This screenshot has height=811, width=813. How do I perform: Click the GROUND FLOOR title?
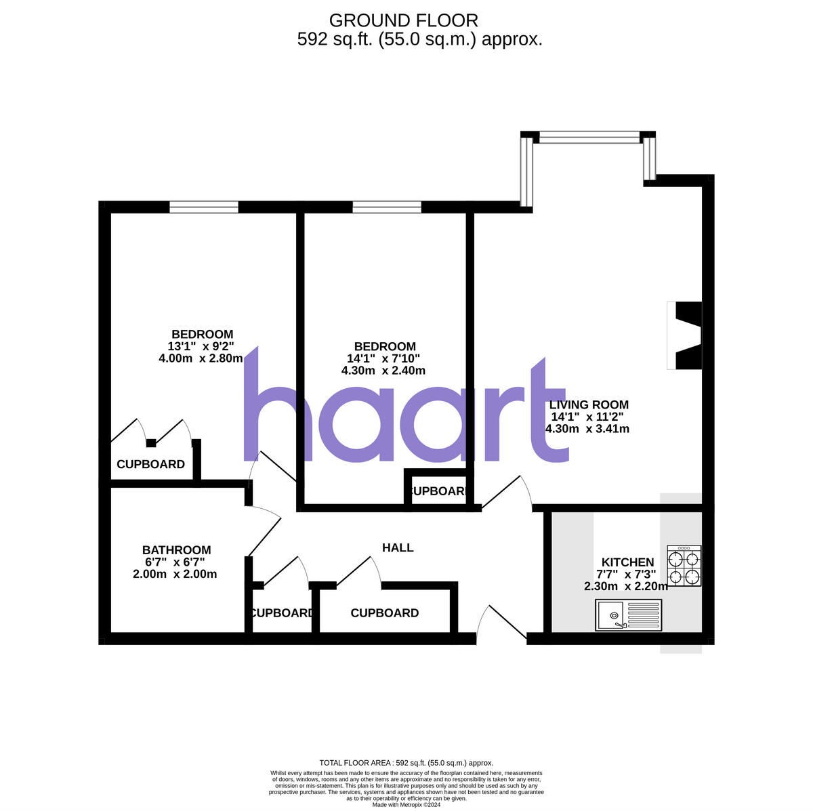[403, 21]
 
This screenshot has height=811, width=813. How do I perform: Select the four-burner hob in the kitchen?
[684, 566]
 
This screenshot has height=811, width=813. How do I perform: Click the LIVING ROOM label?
[588, 405]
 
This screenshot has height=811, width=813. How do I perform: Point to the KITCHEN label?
[627, 562]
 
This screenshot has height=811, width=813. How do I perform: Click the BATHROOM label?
[176, 550]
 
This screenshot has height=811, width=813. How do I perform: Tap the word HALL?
[398, 547]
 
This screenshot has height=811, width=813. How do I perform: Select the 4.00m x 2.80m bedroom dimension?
[201, 358]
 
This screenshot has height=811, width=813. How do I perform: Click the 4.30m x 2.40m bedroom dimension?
[383, 371]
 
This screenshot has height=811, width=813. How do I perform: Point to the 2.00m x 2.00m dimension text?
[175, 574]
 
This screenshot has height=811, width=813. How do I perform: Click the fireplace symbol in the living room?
[684, 336]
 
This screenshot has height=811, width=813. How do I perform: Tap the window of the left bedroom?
[204, 207]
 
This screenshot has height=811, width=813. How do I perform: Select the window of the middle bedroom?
[387, 207]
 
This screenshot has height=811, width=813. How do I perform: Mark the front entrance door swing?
[501, 622]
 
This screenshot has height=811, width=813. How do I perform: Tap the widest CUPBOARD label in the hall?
[384, 613]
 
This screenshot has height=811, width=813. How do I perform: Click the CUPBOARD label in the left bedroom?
[150, 464]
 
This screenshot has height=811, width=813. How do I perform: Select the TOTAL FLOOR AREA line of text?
[406, 763]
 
